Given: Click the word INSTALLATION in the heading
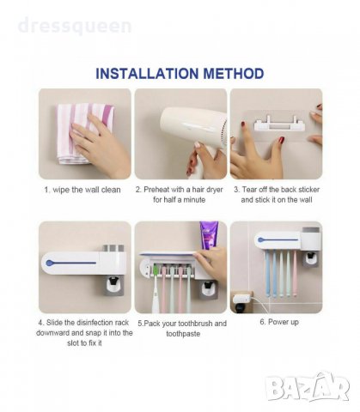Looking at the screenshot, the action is click(147, 74).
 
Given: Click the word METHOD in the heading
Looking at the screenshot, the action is click(234, 74).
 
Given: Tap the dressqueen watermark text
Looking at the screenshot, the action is click(75, 26).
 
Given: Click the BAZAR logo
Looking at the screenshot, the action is click(308, 387).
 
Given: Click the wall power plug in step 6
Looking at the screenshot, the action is click(242, 300).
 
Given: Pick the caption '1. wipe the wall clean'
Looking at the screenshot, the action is click(82, 190).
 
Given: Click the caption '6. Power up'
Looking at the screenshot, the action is click(279, 322).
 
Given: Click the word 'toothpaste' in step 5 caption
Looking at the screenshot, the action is click(183, 334).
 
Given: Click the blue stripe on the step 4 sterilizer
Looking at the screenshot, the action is click(70, 263).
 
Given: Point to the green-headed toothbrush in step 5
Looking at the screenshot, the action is click(156, 289).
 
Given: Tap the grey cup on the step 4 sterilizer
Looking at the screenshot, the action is click(113, 249).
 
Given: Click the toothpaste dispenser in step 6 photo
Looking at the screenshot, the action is click(310, 258).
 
